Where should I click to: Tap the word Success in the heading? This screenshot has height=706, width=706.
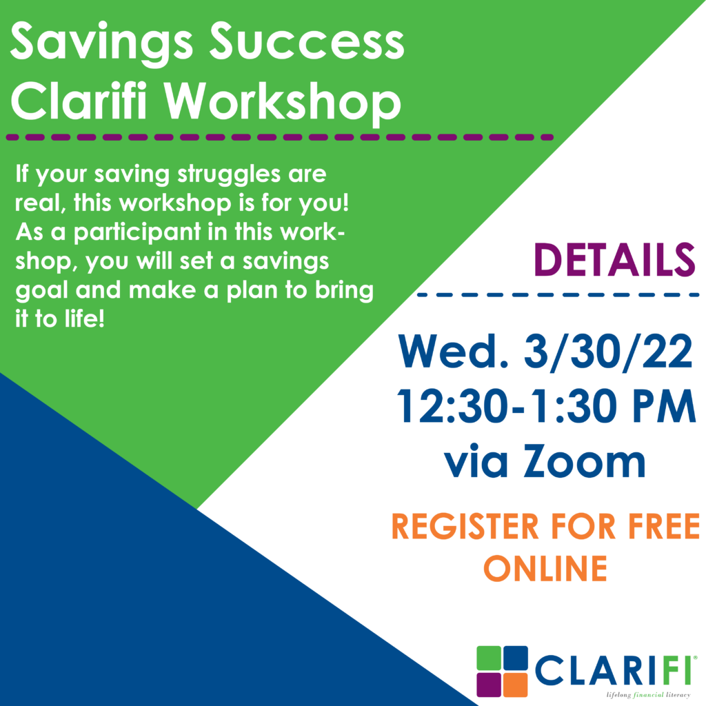click(307, 41)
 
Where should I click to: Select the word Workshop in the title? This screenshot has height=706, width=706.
click(282, 103)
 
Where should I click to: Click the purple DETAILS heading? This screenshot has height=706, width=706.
click(614, 260)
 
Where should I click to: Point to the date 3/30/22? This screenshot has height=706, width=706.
click(608, 351)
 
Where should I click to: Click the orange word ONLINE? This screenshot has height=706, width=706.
click(545, 568)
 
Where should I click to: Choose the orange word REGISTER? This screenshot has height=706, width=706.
click(465, 526)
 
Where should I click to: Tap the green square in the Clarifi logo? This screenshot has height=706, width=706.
click(489, 658)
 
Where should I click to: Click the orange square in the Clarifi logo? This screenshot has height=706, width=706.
click(515, 685)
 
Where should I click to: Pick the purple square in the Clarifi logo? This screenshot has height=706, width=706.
click(489, 685)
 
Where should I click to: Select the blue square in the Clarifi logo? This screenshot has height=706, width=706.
click(515, 658)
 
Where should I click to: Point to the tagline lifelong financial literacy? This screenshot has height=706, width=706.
click(648, 695)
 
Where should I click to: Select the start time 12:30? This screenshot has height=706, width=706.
click(455, 406)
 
